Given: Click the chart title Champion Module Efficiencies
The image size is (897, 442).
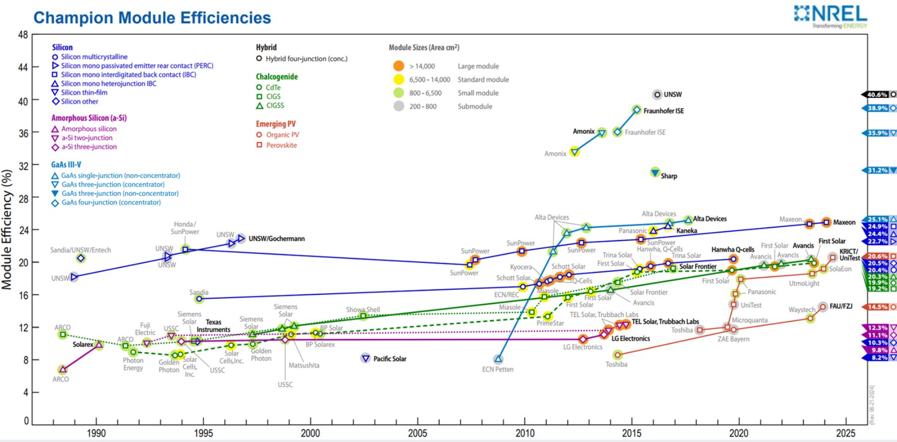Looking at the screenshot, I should pyautogui.click(x=152, y=18).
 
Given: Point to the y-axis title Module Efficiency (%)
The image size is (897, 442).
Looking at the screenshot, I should pyautogui.click(x=7, y=230).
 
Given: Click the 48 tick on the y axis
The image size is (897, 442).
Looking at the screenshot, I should pyautogui.click(x=23, y=35).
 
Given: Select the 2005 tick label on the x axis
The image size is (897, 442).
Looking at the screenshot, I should pyautogui.click(x=417, y=433).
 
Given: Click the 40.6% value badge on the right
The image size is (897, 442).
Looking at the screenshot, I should pyautogui.click(x=878, y=94).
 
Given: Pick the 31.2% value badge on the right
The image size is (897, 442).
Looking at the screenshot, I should pyautogui.click(x=878, y=171).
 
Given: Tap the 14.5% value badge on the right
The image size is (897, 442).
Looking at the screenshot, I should pyautogui.click(x=878, y=307).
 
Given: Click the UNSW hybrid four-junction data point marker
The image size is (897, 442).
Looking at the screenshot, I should pyautogui.click(x=657, y=94).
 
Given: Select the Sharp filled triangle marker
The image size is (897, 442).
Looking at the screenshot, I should pyautogui.click(x=655, y=173).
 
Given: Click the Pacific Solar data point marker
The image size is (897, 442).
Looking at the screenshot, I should pyautogui.click(x=366, y=358).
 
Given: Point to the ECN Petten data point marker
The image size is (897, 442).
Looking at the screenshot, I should pyautogui.click(x=498, y=359).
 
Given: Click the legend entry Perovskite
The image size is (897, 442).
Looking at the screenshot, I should pyautogui.click(x=281, y=145).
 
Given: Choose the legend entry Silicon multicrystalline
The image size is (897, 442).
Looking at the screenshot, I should pyautogui.click(x=94, y=57).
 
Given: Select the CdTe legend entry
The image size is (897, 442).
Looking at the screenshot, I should pyautogui.click(x=273, y=88).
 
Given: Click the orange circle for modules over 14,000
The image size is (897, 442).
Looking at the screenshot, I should pyautogui.click(x=399, y=66).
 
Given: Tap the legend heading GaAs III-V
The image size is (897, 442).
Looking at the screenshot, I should pyautogui.click(x=66, y=165).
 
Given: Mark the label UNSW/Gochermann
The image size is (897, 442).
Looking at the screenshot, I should pyautogui.click(x=276, y=239).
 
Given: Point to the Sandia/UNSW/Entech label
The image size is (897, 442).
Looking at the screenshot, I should pyautogui.click(x=81, y=250).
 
